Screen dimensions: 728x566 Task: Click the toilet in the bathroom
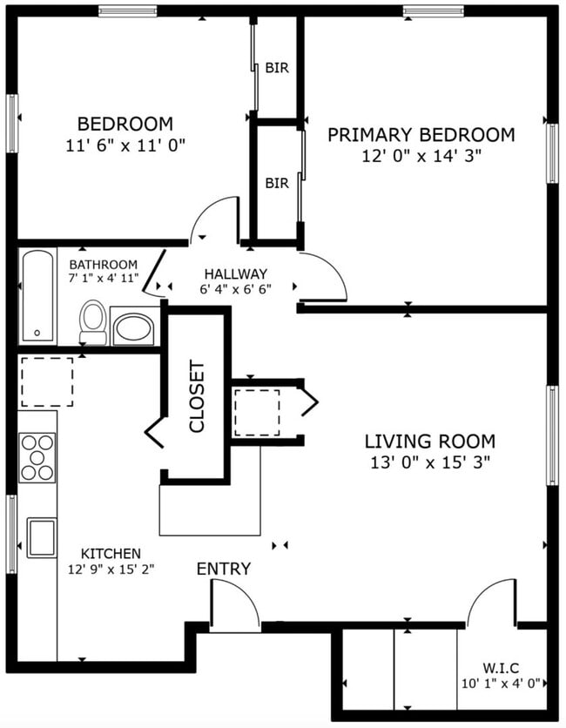pyautogui.click(x=93, y=321)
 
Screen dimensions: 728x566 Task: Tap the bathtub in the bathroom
pyautogui.click(x=37, y=297)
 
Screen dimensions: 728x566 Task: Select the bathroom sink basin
pyautogui.click(x=133, y=328)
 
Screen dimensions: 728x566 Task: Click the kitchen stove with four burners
pyautogui.click(x=37, y=457)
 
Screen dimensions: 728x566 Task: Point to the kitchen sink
pyautogui.click(x=41, y=536)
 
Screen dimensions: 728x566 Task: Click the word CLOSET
pyautogui.click(x=197, y=397)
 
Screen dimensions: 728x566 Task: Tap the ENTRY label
pyautogui.click(x=224, y=569)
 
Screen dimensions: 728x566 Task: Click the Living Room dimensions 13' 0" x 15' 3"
pyautogui.click(x=429, y=462)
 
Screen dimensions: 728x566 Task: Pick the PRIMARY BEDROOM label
pyautogui.click(x=421, y=135)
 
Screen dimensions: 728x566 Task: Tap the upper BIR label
pyautogui.click(x=277, y=67)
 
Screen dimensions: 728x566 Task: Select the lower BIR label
pyautogui.click(x=277, y=184)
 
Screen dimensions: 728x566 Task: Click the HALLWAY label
pyautogui.click(x=235, y=273)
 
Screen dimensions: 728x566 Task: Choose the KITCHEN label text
pyautogui.click(x=111, y=554)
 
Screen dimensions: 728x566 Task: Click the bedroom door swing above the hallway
pyautogui.click(x=214, y=219)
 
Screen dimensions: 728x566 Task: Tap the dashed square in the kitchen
pyautogui.click(x=46, y=381)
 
